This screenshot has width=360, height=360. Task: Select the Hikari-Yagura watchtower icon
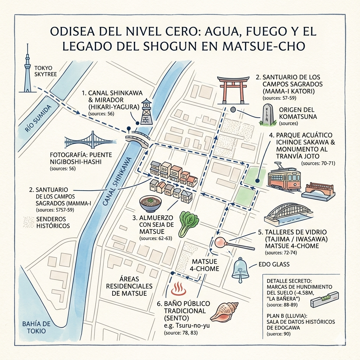[146, 112]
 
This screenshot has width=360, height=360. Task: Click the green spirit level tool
[324, 298]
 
